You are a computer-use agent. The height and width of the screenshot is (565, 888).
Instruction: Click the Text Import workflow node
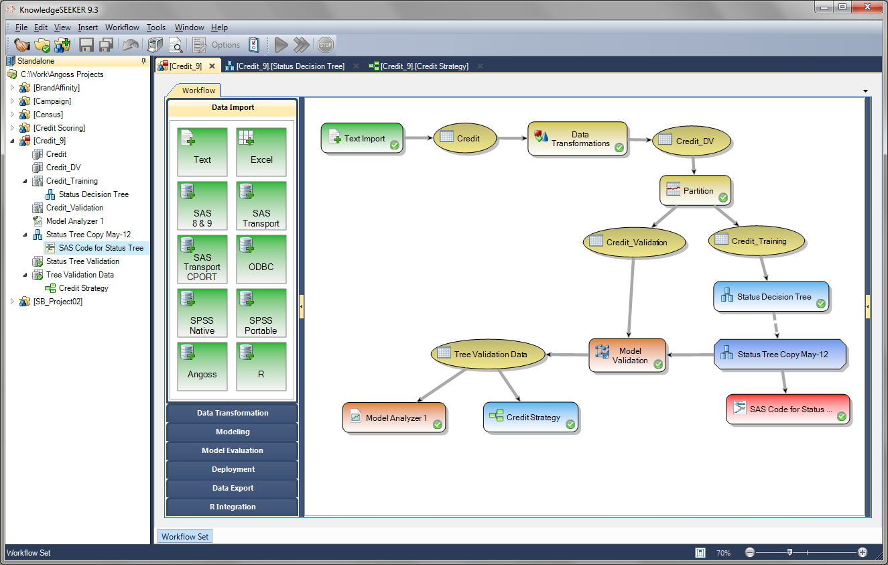(362, 138)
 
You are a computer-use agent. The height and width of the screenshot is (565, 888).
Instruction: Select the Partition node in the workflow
(696, 191)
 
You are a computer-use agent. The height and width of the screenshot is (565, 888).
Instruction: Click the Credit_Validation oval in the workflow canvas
(635, 242)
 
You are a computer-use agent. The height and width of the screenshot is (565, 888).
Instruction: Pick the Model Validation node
(628, 355)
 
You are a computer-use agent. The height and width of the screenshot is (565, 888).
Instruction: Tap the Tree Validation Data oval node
(489, 354)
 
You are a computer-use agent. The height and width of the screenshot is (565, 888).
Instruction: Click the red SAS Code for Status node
(787, 409)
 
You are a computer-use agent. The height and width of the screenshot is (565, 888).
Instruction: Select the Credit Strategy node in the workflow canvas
(530, 417)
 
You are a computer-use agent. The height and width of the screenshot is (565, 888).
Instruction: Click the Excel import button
(261, 152)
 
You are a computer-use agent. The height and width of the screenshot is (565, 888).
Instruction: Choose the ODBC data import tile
(261, 259)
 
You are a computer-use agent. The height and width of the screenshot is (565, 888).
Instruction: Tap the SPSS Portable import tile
(261, 313)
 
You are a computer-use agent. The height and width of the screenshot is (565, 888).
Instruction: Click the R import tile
(261, 367)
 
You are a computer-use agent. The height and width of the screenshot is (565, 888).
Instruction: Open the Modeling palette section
(233, 432)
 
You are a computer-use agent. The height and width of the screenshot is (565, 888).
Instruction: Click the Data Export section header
(233, 488)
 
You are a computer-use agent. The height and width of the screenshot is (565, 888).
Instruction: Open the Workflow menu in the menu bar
(122, 27)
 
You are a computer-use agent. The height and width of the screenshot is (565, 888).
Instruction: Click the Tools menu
(156, 27)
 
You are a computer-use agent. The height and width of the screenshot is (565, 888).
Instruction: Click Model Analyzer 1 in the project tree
(74, 221)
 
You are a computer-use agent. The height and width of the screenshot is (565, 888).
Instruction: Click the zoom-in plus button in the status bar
(863, 553)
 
